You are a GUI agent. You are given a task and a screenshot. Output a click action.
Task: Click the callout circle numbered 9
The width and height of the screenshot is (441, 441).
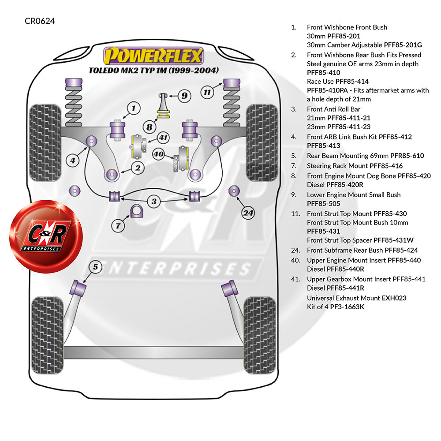tap(184, 96)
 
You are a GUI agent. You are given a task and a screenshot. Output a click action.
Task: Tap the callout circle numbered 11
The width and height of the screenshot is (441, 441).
tap(207, 92)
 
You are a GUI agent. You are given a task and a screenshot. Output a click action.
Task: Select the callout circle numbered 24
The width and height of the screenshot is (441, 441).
tap(248, 213)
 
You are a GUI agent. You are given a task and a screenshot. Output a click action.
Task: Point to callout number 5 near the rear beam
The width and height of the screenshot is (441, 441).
tap(95, 267)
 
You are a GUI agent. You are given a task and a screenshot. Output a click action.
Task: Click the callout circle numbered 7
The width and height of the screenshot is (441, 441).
tap(118, 225)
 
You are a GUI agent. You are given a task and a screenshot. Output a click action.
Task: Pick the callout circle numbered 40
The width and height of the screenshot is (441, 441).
tap(159, 154)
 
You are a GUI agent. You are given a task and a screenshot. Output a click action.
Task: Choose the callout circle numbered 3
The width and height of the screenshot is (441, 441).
tap(154, 202)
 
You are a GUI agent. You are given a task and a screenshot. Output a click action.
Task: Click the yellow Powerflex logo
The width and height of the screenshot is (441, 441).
tap(153, 56)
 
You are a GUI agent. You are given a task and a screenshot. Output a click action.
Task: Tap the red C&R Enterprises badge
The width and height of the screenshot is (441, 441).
tap(46, 236)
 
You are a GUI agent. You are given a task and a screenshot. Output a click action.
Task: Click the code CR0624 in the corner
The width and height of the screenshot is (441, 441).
tap(40, 21)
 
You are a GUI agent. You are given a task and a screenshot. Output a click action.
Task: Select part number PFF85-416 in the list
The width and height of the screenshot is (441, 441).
tap(386, 166)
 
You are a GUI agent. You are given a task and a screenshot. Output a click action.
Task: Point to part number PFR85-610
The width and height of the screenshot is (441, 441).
tap(407, 156)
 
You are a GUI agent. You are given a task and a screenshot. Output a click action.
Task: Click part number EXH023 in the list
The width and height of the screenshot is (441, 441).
tap(394, 298)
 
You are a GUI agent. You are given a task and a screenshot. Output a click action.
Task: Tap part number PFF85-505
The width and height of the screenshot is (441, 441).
tap(323, 204)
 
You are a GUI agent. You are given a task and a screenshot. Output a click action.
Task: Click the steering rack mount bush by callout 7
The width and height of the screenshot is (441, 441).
tap(137, 211)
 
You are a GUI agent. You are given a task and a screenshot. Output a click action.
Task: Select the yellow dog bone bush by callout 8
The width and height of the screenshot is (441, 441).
tap(164, 115)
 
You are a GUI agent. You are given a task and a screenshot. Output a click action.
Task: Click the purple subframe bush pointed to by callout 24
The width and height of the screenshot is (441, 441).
tap(234, 191)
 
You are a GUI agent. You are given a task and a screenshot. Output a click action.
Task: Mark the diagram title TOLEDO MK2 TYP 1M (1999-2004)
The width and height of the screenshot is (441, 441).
tap(153, 70)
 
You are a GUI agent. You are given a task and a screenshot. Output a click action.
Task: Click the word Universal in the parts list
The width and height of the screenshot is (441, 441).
tap(321, 298)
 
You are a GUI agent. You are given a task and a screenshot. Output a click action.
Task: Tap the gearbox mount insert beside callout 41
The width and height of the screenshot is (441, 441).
tap(138, 146)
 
